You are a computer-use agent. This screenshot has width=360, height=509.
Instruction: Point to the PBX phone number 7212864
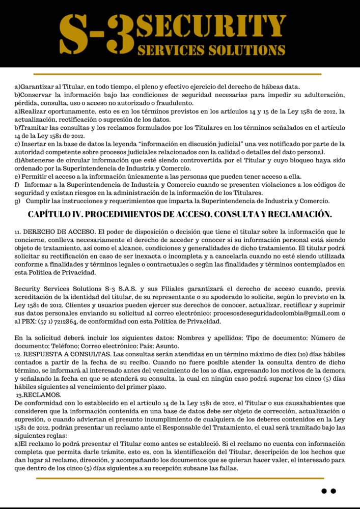76,321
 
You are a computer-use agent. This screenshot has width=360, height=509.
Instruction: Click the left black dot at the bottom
324,491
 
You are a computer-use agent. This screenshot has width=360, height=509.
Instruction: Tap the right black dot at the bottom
334,491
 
